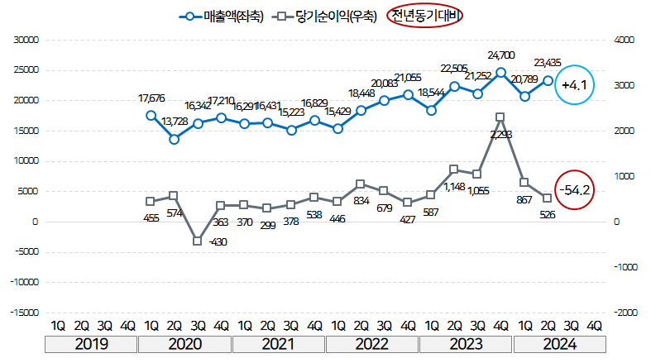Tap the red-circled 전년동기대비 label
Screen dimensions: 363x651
click(x=426, y=16)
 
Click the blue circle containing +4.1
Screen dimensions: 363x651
click(x=574, y=85)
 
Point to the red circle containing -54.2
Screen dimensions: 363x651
click(x=574, y=190)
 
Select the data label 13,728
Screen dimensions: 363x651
click(x=174, y=122)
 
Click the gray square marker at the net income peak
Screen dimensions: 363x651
click(x=500, y=117)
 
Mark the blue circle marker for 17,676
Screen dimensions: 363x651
click(x=151, y=115)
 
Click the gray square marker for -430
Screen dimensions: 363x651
click(x=198, y=241)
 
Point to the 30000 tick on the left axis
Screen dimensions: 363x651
click(x=26, y=39)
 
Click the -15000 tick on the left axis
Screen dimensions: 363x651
click(x=25, y=313)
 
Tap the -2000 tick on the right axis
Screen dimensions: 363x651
click(x=623, y=313)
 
